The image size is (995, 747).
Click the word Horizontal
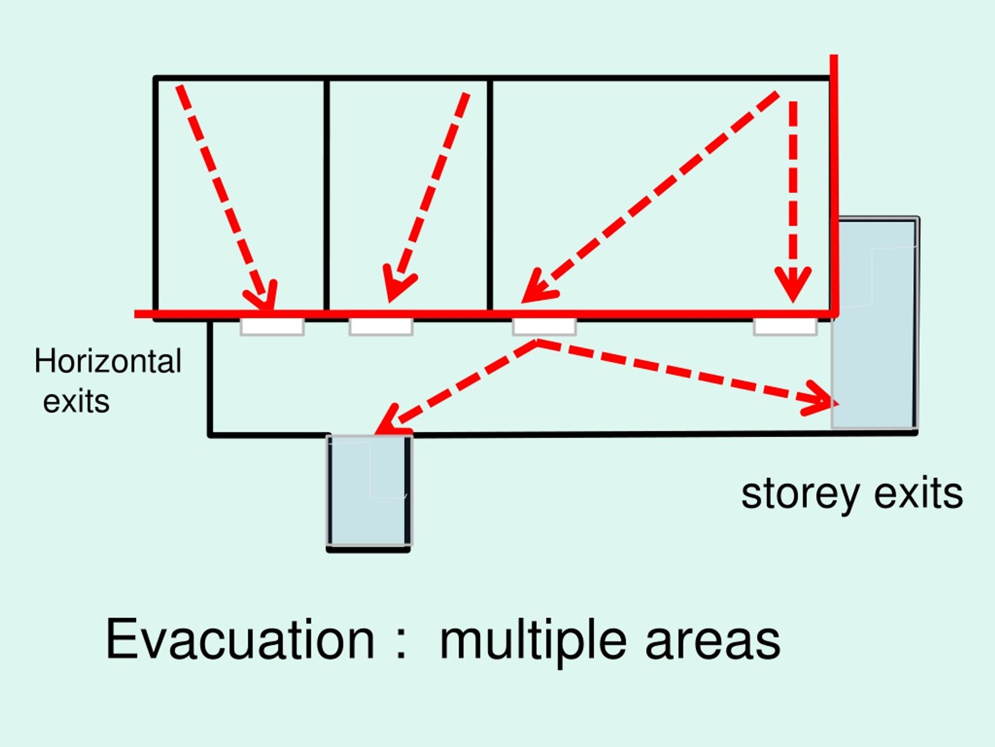[x=108, y=361]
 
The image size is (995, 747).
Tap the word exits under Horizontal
[x=76, y=401]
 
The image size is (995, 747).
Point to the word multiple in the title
[x=533, y=640]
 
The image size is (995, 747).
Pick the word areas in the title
[x=713, y=640]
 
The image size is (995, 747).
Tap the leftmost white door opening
[x=272, y=327]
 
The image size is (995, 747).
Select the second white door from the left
[x=381, y=327]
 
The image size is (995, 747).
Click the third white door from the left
[x=544, y=327]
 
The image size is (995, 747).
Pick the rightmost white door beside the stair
[x=786, y=327]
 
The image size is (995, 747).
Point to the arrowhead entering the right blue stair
[x=821, y=398]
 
